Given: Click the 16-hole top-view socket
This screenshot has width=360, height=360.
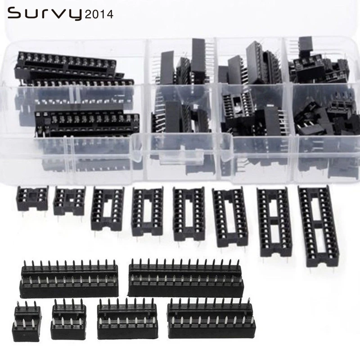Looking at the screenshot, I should click(x=147, y=211).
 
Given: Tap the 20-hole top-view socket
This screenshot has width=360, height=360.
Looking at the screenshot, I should click(x=229, y=217).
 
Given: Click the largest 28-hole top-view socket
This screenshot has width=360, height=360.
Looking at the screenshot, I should click(x=317, y=225).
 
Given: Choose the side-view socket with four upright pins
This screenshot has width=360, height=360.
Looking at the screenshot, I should click(x=68, y=319).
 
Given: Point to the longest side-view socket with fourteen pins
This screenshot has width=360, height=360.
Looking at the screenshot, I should click(x=185, y=276).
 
